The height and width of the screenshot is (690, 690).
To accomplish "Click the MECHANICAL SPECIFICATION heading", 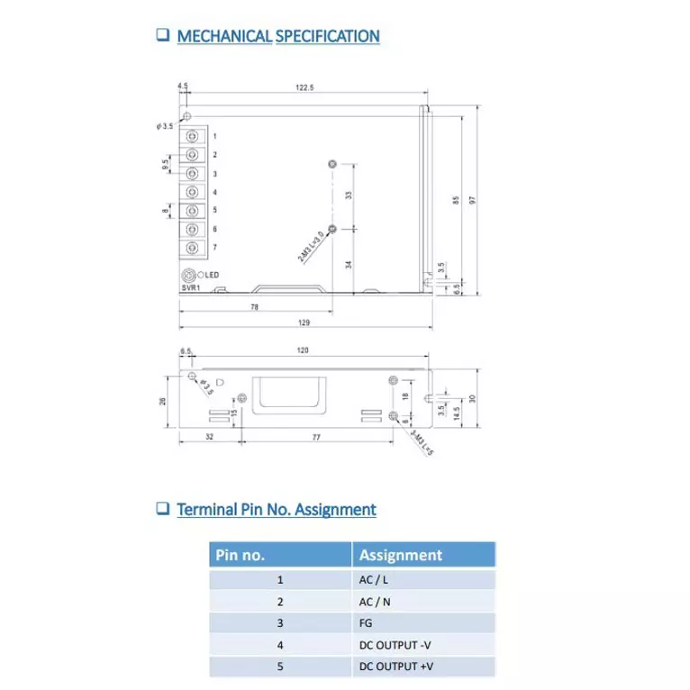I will click(x=277, y=36).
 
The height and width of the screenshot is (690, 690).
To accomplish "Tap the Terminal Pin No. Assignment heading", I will click(x=276, y=509).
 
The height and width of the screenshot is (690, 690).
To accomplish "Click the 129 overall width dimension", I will click(x=304, y=322).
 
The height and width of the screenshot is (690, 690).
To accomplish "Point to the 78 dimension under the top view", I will click(x=254, y=307).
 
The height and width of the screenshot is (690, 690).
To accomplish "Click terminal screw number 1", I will click(x=193, y=136).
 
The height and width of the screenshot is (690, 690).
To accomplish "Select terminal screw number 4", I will click(x=193, y=192).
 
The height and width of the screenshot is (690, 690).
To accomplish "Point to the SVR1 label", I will click(x=190, y=287).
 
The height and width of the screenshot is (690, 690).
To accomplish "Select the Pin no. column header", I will click(x=240, y=556).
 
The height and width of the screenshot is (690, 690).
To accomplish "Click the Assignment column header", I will click(x=401, y=556).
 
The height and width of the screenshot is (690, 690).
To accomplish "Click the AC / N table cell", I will click(x=373, y=602).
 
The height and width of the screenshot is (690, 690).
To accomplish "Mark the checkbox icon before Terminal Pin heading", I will click(x=163, y=508).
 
